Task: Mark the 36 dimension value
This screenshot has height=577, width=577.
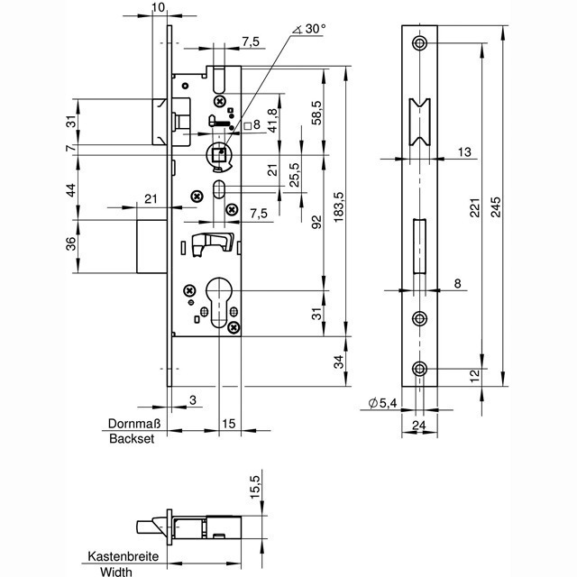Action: click(72, 243)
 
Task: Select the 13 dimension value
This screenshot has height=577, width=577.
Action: click(463, 152)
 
